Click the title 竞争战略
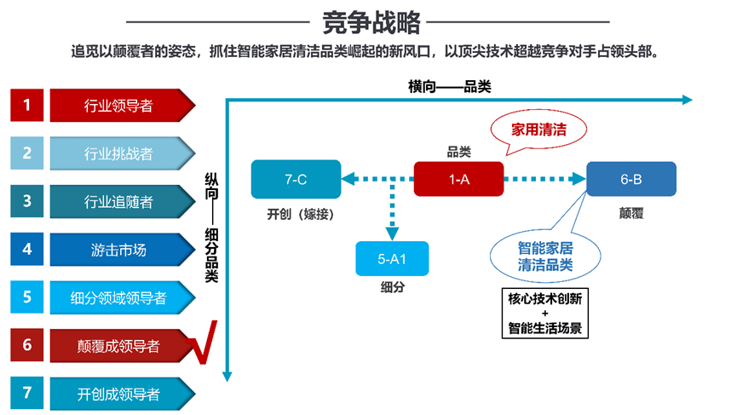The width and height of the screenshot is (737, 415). [371, 22]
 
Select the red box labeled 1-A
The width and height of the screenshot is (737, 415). [458, 179]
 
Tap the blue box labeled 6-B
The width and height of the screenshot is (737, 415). [631, 179]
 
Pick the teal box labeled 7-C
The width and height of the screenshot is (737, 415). [297, 179]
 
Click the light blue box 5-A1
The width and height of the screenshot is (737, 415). [392, 258]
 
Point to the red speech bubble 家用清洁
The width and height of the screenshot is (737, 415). [538, 130]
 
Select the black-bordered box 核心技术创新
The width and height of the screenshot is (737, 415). [545, 313]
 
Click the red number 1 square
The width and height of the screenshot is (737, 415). [26, 105]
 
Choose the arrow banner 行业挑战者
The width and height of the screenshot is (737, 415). [122, 153]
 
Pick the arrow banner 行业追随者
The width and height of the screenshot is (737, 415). [122, 201]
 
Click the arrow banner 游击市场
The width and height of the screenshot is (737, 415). [122, 249]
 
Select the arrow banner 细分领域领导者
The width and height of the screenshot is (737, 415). [122, 297]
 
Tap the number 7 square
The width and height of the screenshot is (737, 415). [26, 393]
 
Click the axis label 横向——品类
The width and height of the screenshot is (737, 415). [449, 86]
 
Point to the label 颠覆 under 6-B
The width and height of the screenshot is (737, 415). [631, 213]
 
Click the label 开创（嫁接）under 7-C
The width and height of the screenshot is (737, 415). [301, 214]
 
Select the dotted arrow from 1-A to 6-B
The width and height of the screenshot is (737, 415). [545, 179]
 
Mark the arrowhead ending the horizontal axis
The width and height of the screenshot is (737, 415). [688, 100]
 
